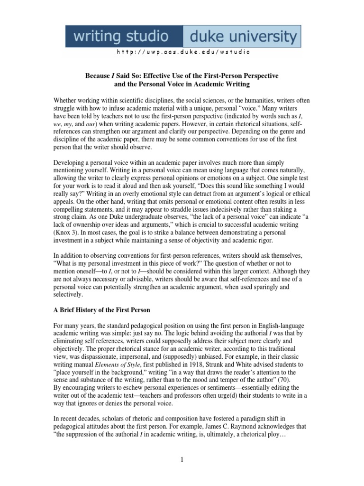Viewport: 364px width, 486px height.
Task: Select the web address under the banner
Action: click(182, 52)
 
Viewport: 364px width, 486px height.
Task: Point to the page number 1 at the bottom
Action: click(182, 459)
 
